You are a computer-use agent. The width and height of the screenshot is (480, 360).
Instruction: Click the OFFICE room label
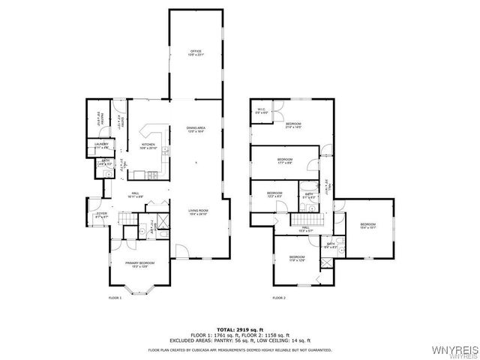[x=195, y=52]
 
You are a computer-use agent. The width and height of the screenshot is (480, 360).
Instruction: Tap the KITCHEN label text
[x=148, y=146]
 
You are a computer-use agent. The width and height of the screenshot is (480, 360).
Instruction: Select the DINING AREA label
[x=196, y=130]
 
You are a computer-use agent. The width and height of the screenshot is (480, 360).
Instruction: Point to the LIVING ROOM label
[x=198, y=212]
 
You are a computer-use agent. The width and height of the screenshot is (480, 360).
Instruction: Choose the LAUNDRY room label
[x=101, y=145]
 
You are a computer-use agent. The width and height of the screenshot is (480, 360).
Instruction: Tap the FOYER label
[x=100, y=215]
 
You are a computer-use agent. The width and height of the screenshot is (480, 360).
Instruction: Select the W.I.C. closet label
[x=261, y=111]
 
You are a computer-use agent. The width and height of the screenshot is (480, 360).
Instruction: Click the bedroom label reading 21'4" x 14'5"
[x=292, y=125]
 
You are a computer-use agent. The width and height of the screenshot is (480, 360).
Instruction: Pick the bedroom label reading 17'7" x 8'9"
[x=285, y=161]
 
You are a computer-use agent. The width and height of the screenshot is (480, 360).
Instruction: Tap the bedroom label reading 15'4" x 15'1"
[x=367, y=226]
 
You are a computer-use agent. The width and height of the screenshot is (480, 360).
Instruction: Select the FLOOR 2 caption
[x=279, y=298]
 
